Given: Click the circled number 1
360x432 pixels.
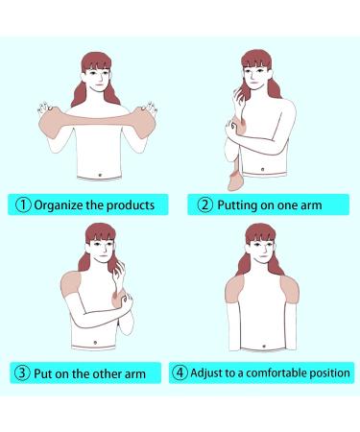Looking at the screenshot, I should click(x=22, y=204).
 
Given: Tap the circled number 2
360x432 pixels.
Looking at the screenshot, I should click(x=205, y=204).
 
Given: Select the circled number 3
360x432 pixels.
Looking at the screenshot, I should click(x=22, y=373).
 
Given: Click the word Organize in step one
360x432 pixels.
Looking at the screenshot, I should click(x=60, y=204).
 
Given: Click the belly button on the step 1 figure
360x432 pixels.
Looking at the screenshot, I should click(x=103, y=173).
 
